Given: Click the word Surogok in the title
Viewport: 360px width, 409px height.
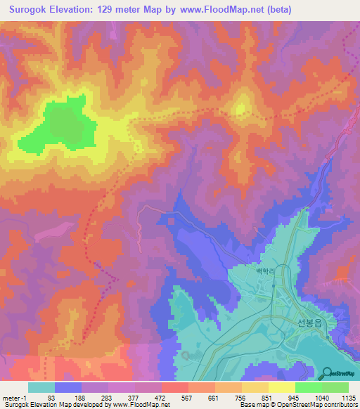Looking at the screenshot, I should point(32,10).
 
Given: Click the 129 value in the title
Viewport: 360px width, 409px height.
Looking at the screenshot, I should point(113,10).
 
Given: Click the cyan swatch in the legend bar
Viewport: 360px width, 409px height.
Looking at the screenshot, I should point(41,387).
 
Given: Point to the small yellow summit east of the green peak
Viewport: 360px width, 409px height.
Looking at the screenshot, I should point(241,109).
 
